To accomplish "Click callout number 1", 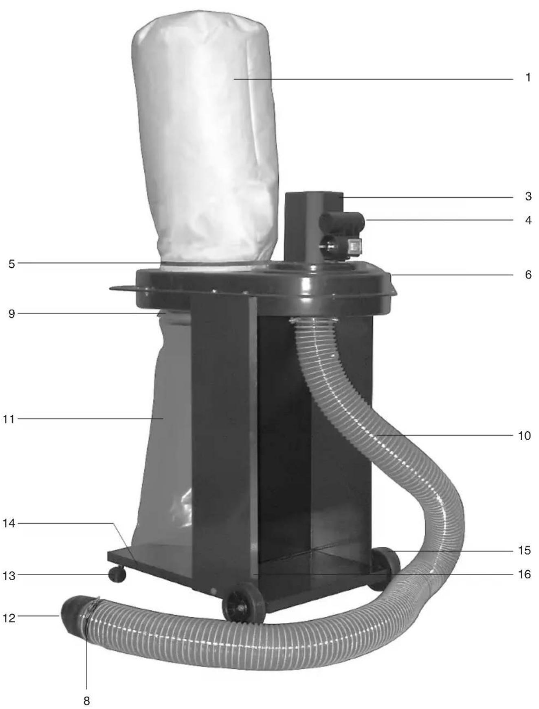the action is click(528, 77).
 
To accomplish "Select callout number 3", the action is click(528, 196).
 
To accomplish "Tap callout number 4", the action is click(528, 220).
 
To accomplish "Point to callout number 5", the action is click(11, 264).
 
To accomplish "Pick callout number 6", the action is click(528, 275).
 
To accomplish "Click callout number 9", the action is click(11, 314).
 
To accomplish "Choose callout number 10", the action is click(524, 436).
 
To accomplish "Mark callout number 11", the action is click(9, 419).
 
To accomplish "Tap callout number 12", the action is click(9, 618).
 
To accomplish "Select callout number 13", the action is click(9, 576).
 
